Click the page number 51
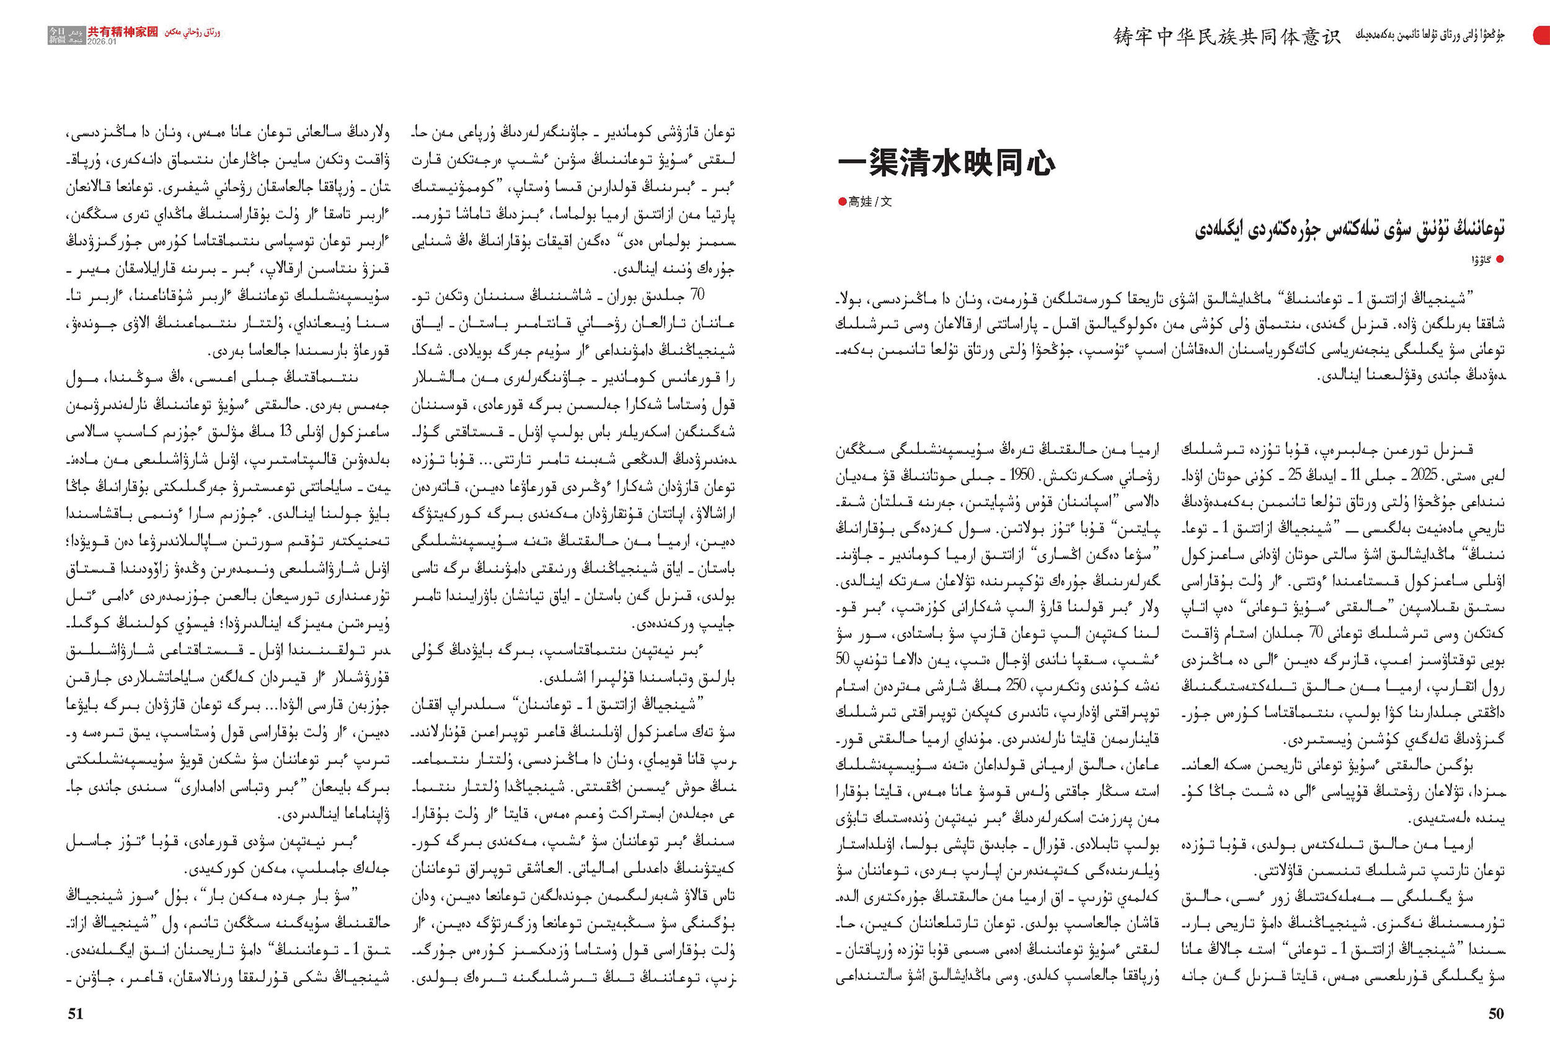click(76, 1014)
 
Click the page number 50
click(1496, 1014)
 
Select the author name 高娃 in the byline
click(861, 202)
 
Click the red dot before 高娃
click(843, 202)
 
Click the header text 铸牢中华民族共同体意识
click(1226, 36)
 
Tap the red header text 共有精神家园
click(123, 32)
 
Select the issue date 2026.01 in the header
click(102, 42)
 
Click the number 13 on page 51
click(285, 432)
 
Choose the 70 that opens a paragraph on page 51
click(697, 295)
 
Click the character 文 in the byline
click(886, 202)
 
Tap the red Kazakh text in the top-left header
click(193, 32)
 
